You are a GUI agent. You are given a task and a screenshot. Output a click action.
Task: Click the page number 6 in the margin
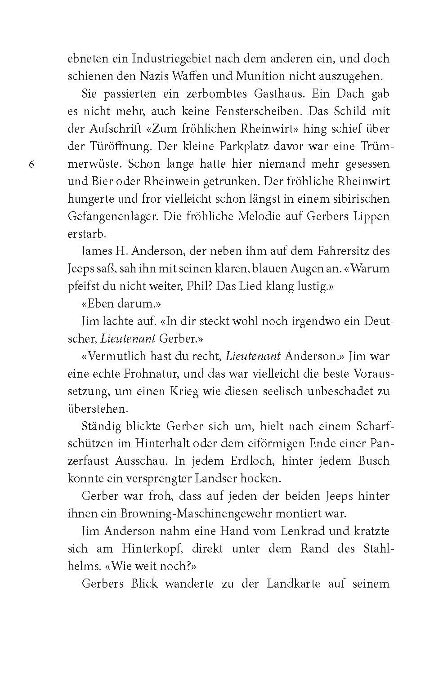pyautogui.click(x=31, y=165)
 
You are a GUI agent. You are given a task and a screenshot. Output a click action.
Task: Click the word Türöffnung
pyautogui.click(x=118, y=146)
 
